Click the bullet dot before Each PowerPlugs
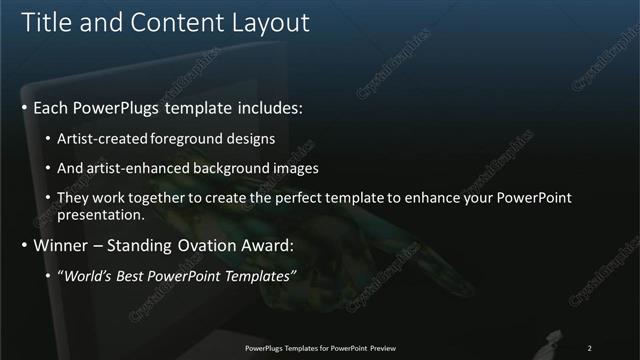(24, 106)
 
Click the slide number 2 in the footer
(589, 348)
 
